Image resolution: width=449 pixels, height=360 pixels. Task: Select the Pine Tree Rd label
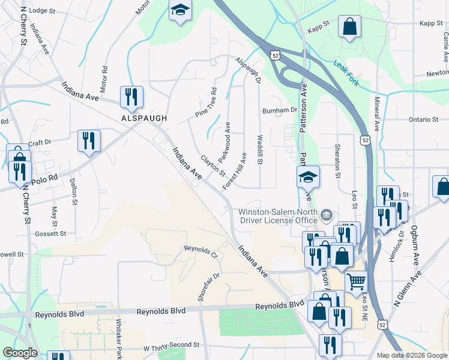tap(205, 103)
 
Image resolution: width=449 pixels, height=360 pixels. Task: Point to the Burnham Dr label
tap(280, 110)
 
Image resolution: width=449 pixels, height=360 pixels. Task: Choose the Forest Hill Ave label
tap(235, 171)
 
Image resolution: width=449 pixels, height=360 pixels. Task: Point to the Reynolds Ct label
tap(200, 250)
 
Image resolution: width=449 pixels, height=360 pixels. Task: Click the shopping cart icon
tap(356, 280)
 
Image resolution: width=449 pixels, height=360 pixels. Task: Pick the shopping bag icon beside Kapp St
tap(349, 26)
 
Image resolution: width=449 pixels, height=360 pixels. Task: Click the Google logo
tap(20, 353)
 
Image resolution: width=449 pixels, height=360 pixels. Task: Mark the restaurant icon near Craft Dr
tap(89, 140)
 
